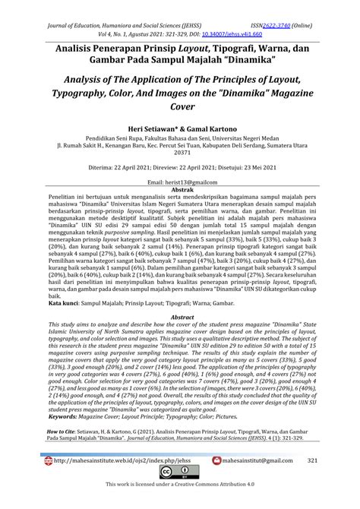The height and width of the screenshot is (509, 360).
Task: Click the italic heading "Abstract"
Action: tap(180, 337)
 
